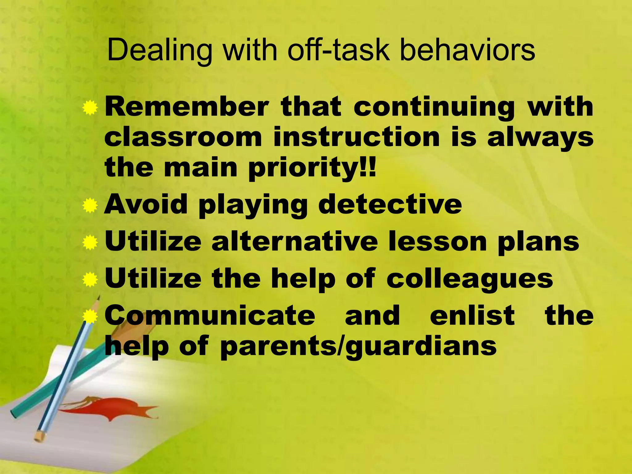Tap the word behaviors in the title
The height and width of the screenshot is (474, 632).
467,50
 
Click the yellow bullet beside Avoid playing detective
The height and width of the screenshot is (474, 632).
90,206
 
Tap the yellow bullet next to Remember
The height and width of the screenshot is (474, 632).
90,108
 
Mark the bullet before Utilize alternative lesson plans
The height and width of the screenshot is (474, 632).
90,243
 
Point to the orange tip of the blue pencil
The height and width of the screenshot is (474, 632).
39,436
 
